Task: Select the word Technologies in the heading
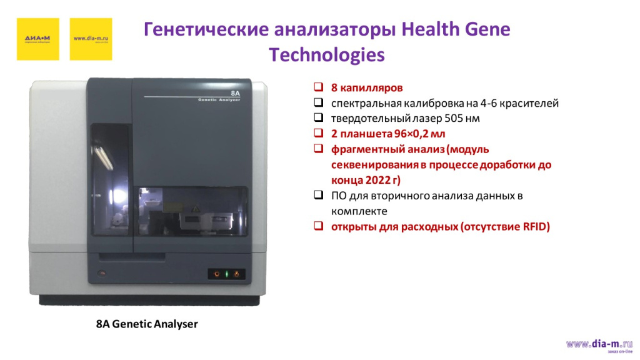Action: coord(326,55)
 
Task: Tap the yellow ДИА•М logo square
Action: coord(37,39)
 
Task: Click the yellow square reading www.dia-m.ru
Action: coord(91,39)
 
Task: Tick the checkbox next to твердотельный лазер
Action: coord(318,117)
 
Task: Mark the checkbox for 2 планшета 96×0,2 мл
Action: coord(318,133)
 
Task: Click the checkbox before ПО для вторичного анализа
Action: coord(318,196)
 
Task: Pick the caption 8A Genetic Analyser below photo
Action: coord(147,324)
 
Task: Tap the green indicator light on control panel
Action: coord(226,274)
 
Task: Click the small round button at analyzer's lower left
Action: coord(103,273)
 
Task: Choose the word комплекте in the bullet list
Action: coord(359,211)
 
